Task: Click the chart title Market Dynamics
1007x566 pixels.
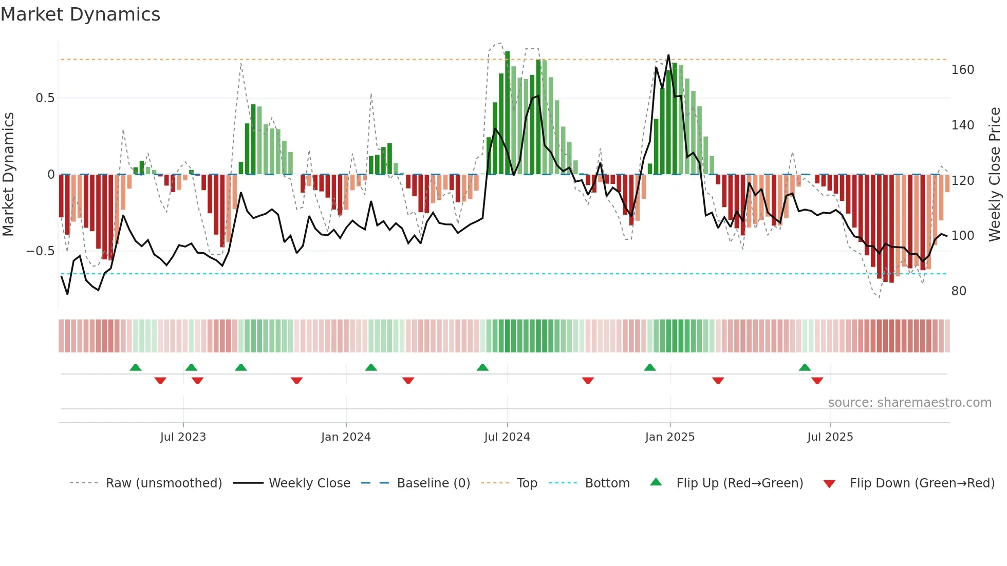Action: point(80,14)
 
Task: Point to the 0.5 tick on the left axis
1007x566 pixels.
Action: point(45,98)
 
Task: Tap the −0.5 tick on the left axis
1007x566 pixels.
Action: point(41,251)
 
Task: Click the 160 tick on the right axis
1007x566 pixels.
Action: point(962,70)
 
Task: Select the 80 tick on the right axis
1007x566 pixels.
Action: point(959,291)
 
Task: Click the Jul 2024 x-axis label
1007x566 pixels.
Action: point(507,437)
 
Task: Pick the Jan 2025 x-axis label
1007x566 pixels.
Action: point(669,437)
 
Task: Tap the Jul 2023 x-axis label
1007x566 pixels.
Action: point(182,437)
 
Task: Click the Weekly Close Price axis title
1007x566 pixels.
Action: point(995,175)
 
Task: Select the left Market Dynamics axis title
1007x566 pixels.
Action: point(8,175)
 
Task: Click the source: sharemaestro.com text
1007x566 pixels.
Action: point(909,403)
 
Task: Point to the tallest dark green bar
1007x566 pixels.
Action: point(507,113)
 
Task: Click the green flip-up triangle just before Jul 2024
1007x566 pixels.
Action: point(482,368)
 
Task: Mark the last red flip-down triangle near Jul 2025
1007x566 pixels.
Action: point(817,381)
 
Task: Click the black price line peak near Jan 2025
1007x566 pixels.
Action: point(668,55)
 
